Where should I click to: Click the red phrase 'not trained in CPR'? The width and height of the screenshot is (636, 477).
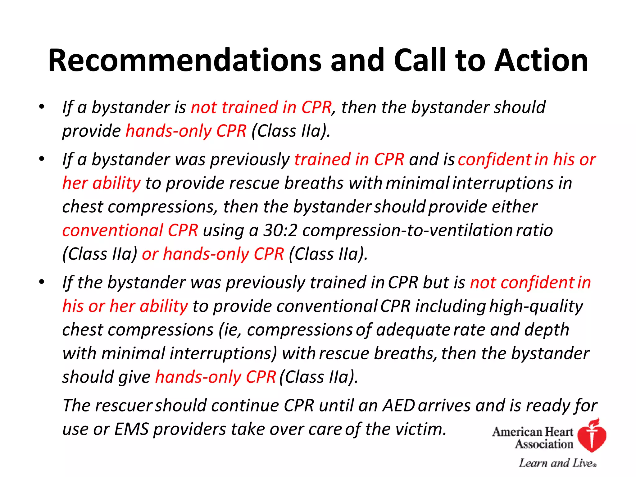(261, 107)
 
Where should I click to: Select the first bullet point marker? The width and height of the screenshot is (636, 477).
(42, 107)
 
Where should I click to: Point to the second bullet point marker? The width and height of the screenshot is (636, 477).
(42, 159)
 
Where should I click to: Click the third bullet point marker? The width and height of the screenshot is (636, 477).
(42, 282)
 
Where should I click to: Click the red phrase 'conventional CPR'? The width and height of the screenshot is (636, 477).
(130, 230)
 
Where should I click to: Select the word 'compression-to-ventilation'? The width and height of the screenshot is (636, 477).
(407, 230)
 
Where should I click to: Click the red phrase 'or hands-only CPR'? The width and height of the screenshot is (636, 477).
(213, 254)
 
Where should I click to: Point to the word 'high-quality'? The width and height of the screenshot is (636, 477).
(536, 306)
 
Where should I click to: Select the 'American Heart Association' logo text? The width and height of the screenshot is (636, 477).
(533, 438)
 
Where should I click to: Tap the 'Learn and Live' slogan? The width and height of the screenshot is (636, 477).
(557, 463)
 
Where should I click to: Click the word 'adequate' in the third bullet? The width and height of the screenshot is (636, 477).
(413, 330)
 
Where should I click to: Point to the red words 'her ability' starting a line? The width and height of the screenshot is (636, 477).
(102, 183)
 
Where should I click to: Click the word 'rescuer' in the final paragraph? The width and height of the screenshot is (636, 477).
(123, 406)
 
